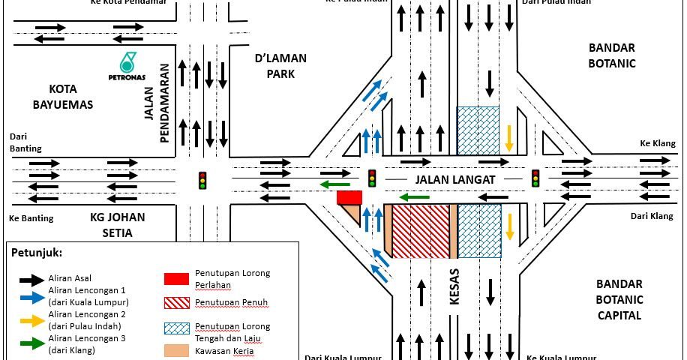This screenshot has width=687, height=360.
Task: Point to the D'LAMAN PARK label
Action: pyautogui.click(x=280, y=66)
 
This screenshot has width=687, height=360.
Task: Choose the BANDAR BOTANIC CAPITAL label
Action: pyautogui.click(x=619, y=299)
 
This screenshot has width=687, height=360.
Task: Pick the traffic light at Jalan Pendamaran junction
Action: pyautogui.click(x=202, y=181)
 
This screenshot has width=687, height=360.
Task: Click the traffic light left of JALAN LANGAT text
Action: pyautogui.click(x=372, y=178)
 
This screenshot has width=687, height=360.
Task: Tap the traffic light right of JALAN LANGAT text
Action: pyautogui.click(x=535, y=178)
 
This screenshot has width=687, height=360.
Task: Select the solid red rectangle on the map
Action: pyautogui.click(x=349, y=197)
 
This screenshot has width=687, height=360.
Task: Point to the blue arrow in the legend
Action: pyautogui.click(x=31, y=296)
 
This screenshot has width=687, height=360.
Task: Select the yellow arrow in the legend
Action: pyautogui.click(x=31, y=319)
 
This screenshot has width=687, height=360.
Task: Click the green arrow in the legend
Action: pyautogui.click(x=31, y=343)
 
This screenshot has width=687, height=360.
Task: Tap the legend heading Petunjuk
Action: pyautogui.click(x=37, y=253)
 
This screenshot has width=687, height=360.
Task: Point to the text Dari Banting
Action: pyautogui.click(x=25, y=142)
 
